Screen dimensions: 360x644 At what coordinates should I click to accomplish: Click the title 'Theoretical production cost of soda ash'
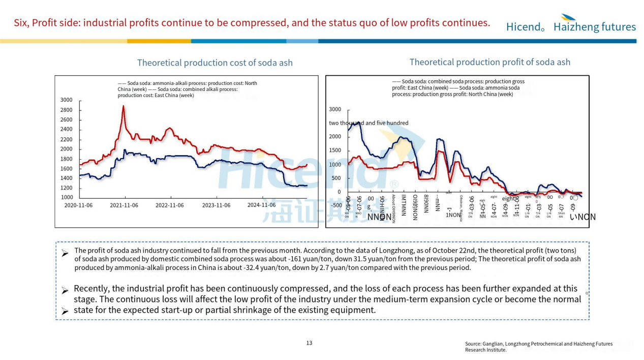[x=214, y=63]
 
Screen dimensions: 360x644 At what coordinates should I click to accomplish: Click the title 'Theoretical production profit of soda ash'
[x=489, y=62]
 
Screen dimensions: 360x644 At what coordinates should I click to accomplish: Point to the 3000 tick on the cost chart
[x=66, y=100]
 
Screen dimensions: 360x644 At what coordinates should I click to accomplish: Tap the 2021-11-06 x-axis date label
[x=124, y=205]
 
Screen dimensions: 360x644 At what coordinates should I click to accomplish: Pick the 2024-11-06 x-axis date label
[x=261, y=205]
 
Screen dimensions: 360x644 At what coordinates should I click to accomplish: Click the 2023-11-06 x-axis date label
[x=216, y=205]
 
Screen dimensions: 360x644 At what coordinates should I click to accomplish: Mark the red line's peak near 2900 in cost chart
[x=124, y=106]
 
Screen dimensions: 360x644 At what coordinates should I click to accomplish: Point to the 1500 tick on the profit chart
[x=335, y=151]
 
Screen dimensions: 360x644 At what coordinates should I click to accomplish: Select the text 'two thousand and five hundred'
[x=369, y=123]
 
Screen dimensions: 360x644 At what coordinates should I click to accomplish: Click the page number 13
[x=309, y=343]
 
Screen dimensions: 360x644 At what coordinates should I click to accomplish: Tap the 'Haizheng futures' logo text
[x=594, y=27]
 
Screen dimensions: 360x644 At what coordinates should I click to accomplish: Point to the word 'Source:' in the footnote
[x=473, y=344]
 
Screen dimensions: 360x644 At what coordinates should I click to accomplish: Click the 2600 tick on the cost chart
[x=66, y=120]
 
